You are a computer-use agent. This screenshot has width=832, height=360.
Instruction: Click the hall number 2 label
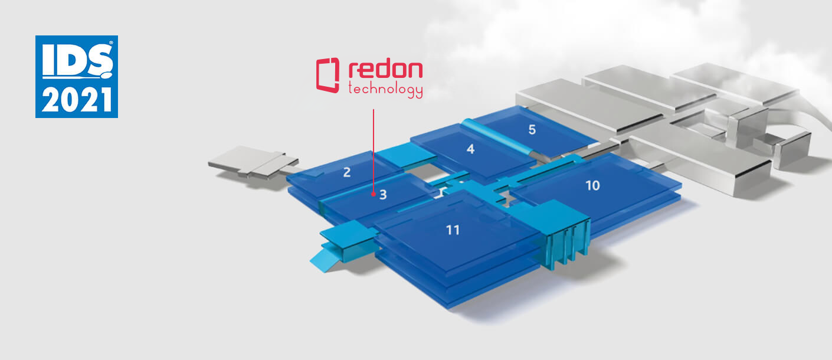coord(347,173)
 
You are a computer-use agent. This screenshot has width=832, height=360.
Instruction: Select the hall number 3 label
coord(383,194)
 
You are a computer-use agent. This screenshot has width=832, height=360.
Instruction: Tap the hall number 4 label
coord(470,149)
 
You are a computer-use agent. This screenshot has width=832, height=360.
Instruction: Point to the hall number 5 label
coord(532,130)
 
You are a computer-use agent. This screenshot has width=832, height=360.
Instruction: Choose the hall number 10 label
coord(592,185)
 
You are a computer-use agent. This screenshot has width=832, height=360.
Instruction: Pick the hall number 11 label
coord(453,230)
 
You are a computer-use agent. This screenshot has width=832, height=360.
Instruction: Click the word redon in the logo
coord(385,70)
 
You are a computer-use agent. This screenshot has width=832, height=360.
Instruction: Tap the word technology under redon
coord(385,90)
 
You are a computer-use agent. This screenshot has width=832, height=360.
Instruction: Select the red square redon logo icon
coord(328,76)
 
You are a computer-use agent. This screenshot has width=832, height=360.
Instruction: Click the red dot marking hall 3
coord(374,193)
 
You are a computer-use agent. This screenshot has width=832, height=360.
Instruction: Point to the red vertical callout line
coord(374,148)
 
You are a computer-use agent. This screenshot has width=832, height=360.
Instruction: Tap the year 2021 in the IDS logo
coord(77,99)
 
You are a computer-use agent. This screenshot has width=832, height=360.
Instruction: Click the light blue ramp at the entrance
coord(321,257)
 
